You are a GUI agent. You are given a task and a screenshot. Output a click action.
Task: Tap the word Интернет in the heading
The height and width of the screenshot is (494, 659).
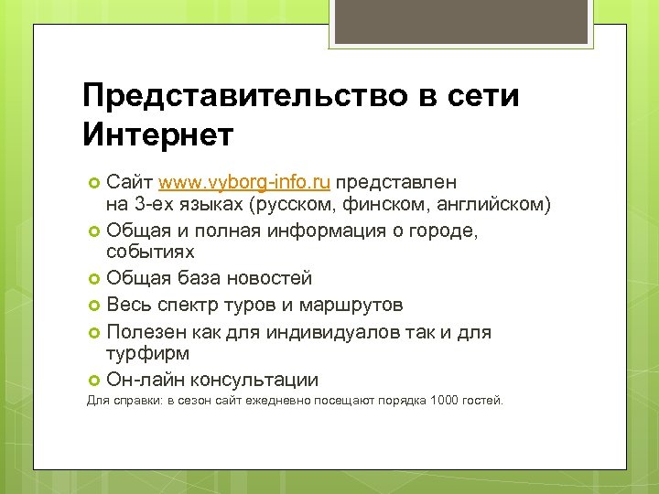[x=158, y=134]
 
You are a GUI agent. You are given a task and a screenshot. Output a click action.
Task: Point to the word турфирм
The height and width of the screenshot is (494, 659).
[x=149, y=352]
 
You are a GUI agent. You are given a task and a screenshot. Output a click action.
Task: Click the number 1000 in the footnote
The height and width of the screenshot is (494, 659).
[x=447, y=401]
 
